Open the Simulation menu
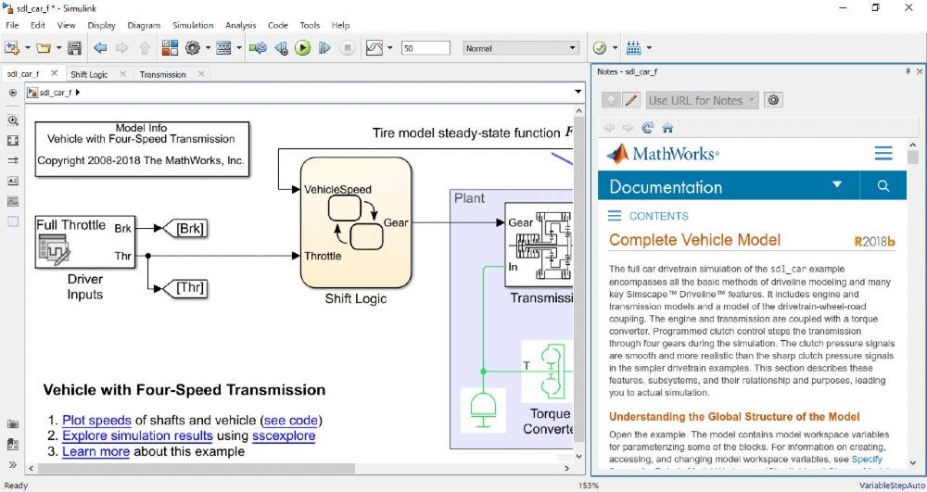point(193,25)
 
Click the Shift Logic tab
point(89,74)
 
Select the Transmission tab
point(163,74)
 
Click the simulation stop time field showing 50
point(425,48)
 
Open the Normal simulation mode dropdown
point(521,48)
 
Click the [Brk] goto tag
point(189,228)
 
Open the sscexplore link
point(284,435)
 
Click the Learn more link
point(95,451)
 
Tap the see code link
point(291,420)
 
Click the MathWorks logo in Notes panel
point(662,153)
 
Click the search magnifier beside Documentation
point(883,186)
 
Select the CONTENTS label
point(658,216)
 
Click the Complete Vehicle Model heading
point(694,240)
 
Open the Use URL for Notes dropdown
point(703,100)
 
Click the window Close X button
point(910,7)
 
